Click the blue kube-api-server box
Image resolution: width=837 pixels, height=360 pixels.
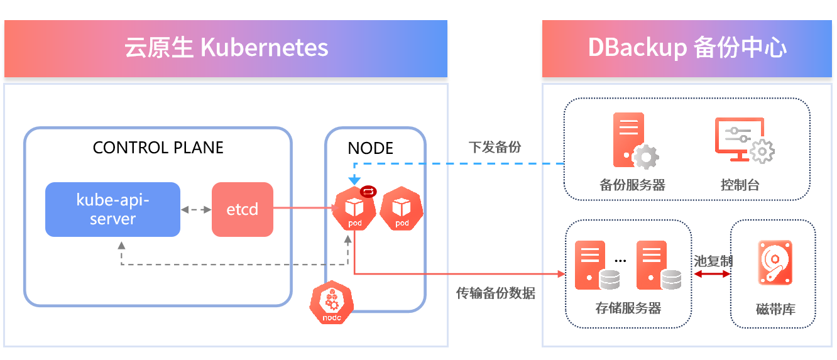[x=112, y=209]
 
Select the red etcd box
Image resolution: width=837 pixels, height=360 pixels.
[x=243, y=209]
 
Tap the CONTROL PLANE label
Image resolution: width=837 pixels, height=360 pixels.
[x=158, y=148]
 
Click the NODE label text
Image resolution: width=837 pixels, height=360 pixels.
[x=370, y=148]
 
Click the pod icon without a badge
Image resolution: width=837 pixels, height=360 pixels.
[x=402, y=209]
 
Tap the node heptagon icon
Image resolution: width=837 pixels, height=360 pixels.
[x=331, y=305]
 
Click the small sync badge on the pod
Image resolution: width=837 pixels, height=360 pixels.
[x=368, y=192]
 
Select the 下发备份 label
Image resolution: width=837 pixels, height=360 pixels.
[x=495, y=147]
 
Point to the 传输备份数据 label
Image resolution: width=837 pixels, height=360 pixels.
[x=496, y=293]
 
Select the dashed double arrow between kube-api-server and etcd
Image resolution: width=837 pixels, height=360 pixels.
[x=196, y=209]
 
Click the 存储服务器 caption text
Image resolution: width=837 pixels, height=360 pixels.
[x=628, y=308]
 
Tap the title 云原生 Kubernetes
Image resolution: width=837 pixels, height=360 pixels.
[x=226, y=48]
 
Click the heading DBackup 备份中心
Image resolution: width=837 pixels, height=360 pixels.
[x=687, y=48]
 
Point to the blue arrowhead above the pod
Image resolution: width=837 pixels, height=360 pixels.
[x=354, y=181]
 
